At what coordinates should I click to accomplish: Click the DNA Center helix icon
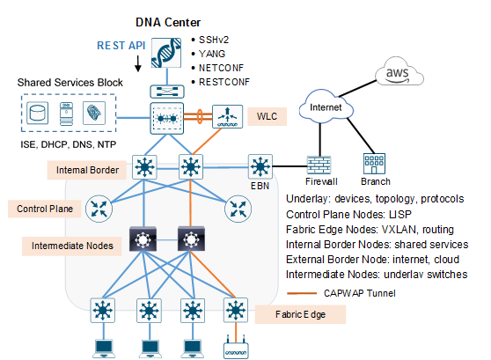(x=166, y=53)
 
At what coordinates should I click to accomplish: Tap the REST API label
(x=121, y=46)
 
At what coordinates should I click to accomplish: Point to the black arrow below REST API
(x=138, y=63)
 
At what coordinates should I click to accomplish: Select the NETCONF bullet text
(x=221, y=68)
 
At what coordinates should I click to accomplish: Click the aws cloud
(x=399, y=72)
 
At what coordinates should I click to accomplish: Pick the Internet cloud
(x=326, y=107)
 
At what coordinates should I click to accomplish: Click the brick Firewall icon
(x=319, y=165)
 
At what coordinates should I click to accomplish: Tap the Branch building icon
(x=374, y=163)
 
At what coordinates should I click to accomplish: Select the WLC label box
(x=267, y=116)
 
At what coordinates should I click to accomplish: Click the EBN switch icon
(x=260, y=166)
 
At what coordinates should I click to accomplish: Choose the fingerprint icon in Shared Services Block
(x=94, y=113)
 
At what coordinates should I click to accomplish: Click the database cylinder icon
(x=37, y=113)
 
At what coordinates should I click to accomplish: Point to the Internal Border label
(x=87, y=170)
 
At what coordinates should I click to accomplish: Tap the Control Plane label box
(x=45, y=209)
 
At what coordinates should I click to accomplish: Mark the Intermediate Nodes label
(x=72, y=246)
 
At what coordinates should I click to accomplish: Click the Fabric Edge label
(x=300, y=314)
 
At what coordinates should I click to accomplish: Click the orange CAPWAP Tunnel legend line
(x=302, y=293)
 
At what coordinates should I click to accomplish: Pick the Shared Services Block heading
(x=70, y=83)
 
